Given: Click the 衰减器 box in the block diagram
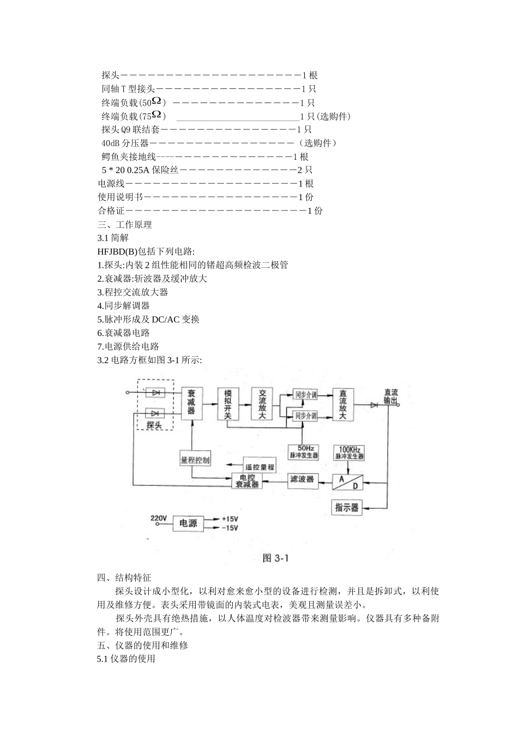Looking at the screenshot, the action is [x=191, y=404].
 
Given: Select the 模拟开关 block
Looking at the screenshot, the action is [x=228, y=404].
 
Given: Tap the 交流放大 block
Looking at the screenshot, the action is [x=262, y=404].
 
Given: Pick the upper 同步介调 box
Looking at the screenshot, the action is [x=305, y=395].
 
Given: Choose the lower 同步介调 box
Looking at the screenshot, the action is [x=305, y=416].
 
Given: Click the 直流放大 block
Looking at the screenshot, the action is [x=342, y=404].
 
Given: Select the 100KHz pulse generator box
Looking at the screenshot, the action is [x=349, y=453].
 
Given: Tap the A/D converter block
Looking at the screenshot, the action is [x=349, y=481].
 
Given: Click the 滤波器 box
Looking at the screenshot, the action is [x=303, y=479].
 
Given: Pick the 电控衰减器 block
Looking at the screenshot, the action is [x=247, y=480].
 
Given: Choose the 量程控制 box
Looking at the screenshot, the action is [x=195, y=460].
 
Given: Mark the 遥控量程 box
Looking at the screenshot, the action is [x=260, y=466].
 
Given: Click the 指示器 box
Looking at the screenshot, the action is [x=347, y=508].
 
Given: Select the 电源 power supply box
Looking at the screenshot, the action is [x=188, y=524].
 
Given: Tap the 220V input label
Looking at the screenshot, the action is [x=159, y=518].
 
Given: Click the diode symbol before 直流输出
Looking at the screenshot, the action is [x=374, y=405].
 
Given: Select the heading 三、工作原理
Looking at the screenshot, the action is [x=124, y=224].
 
